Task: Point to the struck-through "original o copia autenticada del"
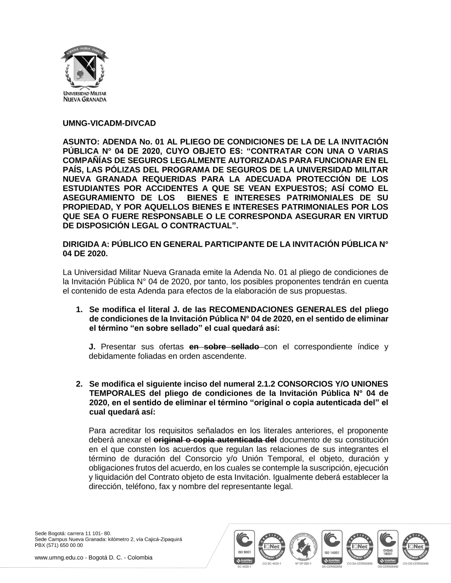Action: [x=215, y=439]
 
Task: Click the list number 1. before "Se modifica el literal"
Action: [x=79, y=310]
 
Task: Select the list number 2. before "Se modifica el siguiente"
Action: [x=79, y=384]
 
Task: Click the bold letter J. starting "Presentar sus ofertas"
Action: [x=92, y=347]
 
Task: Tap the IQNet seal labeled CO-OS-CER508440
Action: [x=415, y=545]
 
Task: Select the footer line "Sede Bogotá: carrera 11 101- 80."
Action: [x=73, y=533]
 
